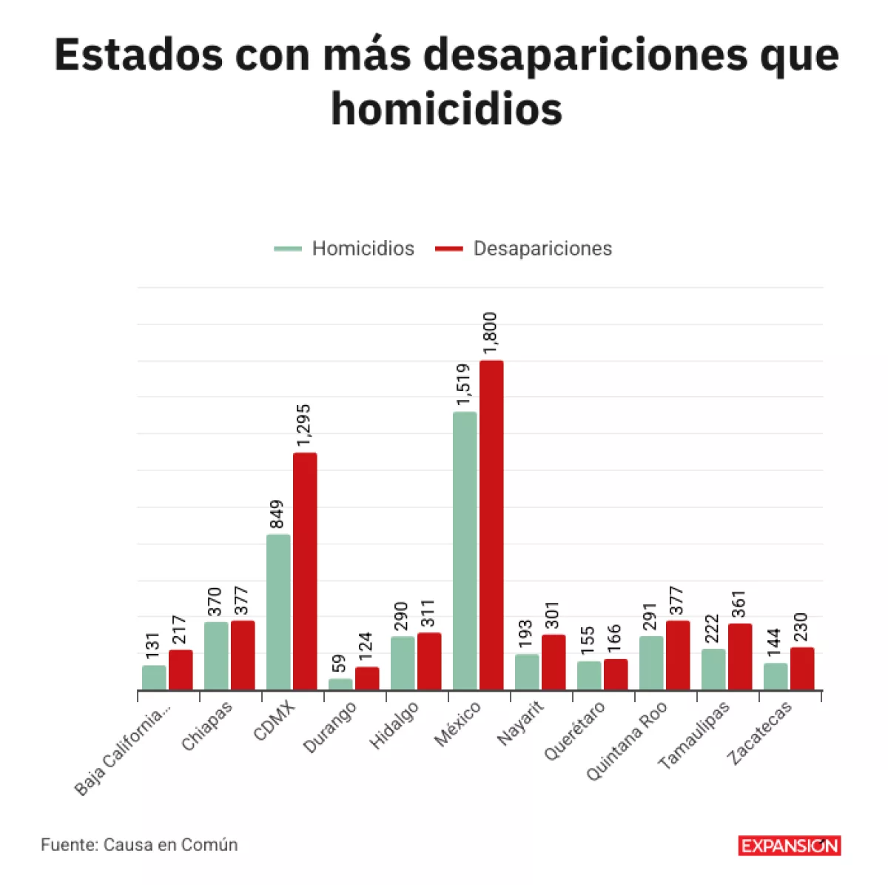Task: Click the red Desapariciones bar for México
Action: [491, 525]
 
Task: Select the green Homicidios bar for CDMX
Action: [278, 612]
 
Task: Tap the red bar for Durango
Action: [367, 678]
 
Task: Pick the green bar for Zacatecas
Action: [776, 676]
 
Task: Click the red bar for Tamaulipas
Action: [740, 657]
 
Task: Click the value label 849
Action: [277, 514]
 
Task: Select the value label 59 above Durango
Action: [339, 663]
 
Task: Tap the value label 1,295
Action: [304, 426]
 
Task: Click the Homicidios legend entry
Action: [345, 248]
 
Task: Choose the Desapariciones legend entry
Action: [524, 248]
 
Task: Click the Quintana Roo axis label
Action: [627, 741]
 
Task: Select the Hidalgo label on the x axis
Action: [394, 725]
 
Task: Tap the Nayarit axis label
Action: [520, 724]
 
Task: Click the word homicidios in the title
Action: [446, 109]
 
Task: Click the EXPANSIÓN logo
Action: [789, 845]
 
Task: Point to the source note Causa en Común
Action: [139, 844]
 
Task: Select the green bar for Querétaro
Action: [589, 675]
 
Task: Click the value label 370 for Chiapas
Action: [215, 603]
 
